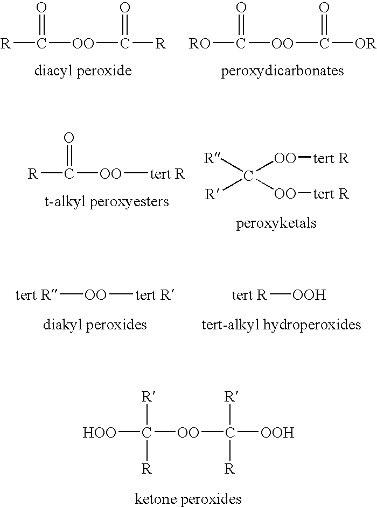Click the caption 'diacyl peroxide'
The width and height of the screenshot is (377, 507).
[x=83, y=71]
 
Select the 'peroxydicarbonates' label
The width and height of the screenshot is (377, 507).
[x=283, y=71]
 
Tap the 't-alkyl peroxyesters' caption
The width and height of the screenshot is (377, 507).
[x=107, y=202]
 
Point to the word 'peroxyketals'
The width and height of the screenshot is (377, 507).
[x=276, y=223]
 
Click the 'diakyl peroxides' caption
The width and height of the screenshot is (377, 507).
[x=95, y=325]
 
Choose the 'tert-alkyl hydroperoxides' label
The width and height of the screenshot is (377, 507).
[x=282, y=325]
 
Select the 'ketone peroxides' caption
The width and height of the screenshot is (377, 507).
[x=188, y=499]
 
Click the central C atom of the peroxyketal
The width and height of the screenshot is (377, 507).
[x=248, y=176]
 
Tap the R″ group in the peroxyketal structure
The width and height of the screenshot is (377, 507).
[x=212, y=158]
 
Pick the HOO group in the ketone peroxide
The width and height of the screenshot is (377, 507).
[x=99, y=433]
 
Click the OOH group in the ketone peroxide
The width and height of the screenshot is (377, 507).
[x=278, y=433]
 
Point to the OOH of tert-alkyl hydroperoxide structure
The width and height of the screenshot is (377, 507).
[x=309, y=295]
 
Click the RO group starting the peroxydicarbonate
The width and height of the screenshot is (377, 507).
[x=200, y=44]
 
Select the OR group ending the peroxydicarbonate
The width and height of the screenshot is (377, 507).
[x=366, y=44]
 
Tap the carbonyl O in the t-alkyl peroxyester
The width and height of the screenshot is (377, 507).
[x=69, y=138]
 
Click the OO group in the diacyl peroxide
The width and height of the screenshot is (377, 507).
[x=83, y=44]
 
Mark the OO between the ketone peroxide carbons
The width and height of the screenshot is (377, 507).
[x=188, y=433]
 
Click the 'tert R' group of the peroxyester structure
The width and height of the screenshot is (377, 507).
[x=167, y=174]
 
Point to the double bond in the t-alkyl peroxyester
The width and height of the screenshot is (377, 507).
[x=69, y=156]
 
